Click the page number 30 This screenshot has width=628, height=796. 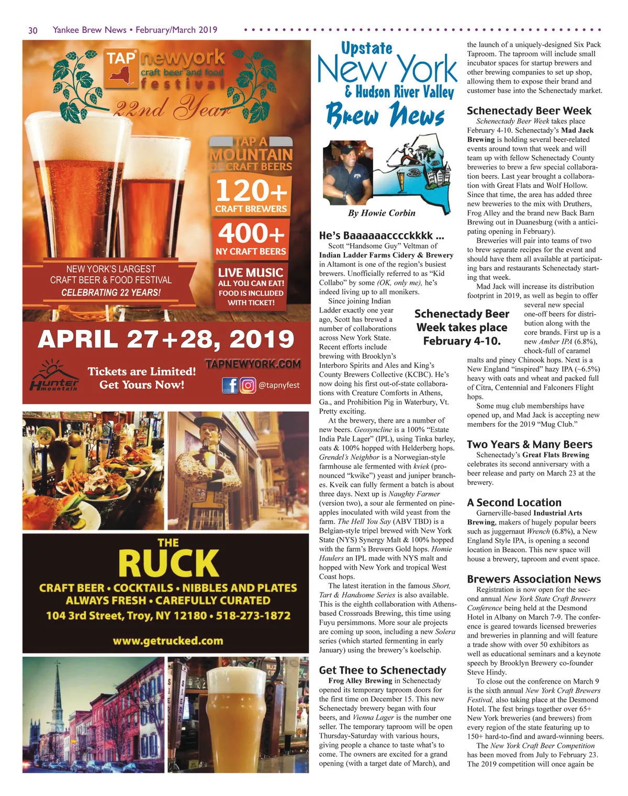(32, 30)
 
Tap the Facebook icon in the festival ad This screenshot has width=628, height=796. (230, 385)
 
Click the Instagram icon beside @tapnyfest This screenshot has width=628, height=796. (248, 385)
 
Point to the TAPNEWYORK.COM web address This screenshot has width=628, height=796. (253, 364)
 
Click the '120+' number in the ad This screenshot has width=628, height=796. (251, 190)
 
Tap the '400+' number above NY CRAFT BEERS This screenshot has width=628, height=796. (251, 233)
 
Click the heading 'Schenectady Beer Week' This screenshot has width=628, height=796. (529, 111)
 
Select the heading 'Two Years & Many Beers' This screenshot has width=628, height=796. (529, 445)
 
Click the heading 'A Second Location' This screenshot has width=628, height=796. (514, 503)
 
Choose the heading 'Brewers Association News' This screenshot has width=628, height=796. (534, 579)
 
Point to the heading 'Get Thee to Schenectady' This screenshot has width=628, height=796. (383, 670)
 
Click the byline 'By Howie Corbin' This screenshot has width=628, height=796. (382, 213)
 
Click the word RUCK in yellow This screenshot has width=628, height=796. (168, 564)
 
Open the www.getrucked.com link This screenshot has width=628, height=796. (168, 641)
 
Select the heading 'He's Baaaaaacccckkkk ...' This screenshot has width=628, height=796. (382, 235)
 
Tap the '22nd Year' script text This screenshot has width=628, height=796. (173, 108)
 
